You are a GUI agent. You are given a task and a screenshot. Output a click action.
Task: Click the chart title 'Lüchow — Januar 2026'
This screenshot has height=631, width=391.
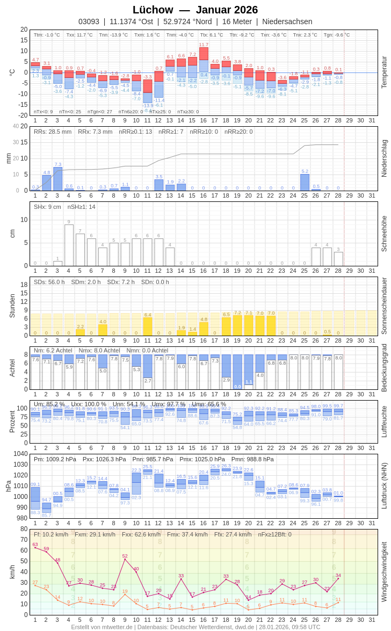point(195,10)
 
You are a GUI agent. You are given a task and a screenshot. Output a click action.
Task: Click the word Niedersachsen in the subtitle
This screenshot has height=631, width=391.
point(287,21)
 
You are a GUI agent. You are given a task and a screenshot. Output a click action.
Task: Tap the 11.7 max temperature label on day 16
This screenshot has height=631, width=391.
point(204,45)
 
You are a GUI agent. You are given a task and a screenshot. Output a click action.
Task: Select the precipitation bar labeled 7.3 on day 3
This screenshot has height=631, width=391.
point(57,179)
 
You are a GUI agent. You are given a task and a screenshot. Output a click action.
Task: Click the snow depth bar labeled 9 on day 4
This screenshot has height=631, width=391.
point(69,245)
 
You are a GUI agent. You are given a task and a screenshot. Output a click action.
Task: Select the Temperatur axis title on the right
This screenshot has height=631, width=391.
point(384,72)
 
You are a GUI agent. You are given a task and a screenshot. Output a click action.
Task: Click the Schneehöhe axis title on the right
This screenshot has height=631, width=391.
point(384,234)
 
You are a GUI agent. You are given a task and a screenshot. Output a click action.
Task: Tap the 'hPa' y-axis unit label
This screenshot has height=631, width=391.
point(8,486)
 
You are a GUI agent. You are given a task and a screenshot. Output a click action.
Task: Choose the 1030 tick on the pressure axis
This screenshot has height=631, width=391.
point(20,465)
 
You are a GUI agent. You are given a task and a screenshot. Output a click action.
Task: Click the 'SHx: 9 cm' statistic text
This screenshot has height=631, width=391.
point(48,207)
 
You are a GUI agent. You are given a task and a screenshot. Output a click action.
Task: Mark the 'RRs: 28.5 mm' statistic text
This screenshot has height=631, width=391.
point(53,132)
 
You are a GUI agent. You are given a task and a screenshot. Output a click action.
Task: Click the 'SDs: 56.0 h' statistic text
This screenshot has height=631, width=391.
point(49,282)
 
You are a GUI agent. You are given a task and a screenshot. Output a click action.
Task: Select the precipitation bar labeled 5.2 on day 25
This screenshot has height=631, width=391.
point(305,183)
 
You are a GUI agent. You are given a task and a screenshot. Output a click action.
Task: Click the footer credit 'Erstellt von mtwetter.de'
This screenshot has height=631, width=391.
point(102,627)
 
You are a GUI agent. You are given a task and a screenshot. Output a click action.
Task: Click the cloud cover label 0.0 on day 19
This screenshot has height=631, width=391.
point(237,386)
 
